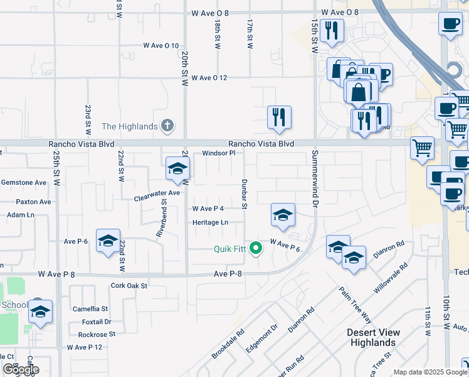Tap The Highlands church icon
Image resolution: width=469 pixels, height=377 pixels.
pos(167,126)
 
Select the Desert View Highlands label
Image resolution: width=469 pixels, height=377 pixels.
pos(372,337)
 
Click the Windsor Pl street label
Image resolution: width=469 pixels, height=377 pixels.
pos(218,153)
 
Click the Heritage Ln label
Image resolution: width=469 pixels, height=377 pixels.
pos(210,222)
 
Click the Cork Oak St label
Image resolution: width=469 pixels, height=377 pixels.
pos(129,285)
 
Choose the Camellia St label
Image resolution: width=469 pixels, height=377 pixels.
pos(90,309)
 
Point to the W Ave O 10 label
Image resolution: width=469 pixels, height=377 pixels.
pos(161,46)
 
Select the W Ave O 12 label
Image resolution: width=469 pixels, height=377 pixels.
pos(209,78)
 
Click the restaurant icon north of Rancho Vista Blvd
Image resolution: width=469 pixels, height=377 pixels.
pos(279,117)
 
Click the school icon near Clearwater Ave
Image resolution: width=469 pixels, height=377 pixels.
pos(177,168)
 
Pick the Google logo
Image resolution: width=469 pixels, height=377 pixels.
pos(21,369)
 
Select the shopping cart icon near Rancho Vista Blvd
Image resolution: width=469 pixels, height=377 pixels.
pos(423,148)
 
